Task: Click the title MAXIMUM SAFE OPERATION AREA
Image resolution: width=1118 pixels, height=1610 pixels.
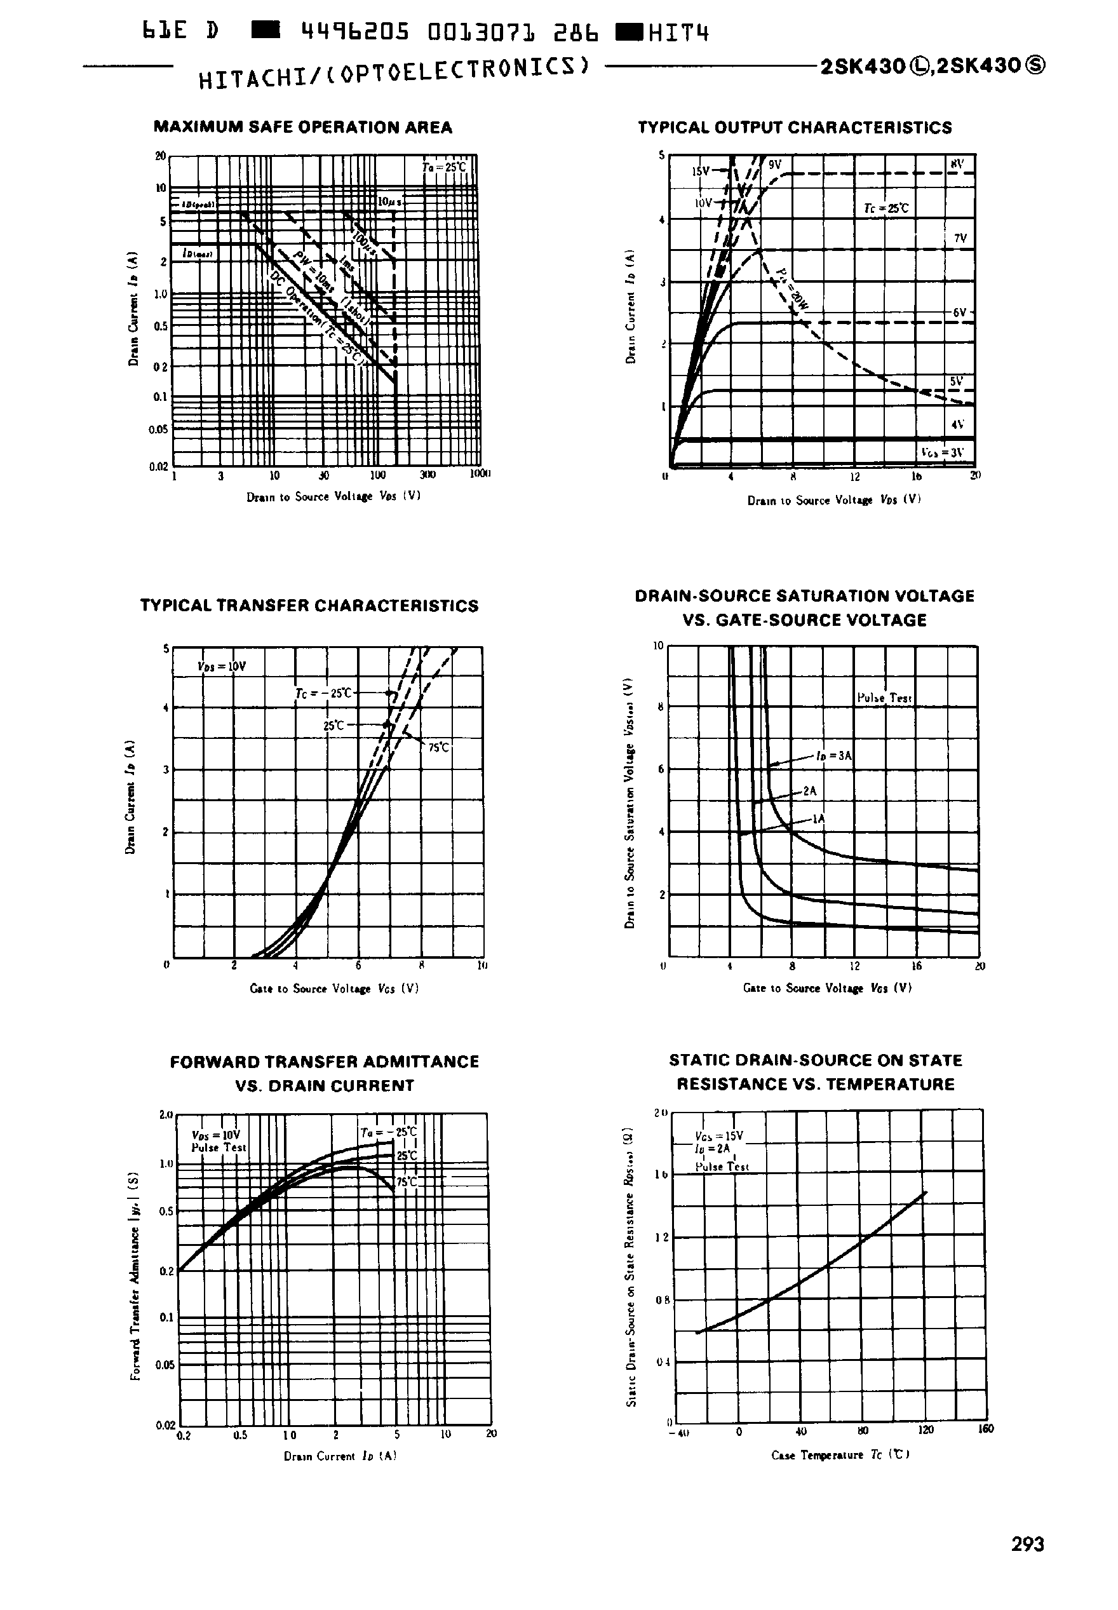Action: tap(302, 128)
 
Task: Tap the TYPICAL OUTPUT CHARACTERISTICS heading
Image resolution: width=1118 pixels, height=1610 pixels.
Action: tap(795, 128)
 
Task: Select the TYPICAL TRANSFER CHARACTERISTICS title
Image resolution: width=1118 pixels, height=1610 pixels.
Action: tap(309, 605)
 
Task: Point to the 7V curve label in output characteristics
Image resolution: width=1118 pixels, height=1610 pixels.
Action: tap(960, 238)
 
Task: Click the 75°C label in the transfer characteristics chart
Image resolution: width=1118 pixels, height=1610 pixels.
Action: tap(438, 748)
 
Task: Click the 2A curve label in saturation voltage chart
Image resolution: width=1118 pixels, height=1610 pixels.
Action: tap(810, 790)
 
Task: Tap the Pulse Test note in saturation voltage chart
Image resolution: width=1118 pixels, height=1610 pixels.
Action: tap(884, 698)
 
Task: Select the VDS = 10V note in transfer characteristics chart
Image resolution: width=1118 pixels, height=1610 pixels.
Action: tap(221, 666)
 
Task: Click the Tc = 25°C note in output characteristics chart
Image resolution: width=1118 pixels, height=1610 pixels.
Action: tap(886, 208)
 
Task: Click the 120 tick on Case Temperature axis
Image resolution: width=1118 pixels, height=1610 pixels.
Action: tap(926, 1430)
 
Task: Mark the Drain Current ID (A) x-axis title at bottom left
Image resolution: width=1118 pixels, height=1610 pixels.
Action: tap(340, 1455)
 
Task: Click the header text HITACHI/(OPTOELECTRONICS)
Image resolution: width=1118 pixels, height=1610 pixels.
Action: tap(393, 73)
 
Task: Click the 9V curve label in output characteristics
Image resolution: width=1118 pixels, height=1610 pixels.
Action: tap(774, 165)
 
